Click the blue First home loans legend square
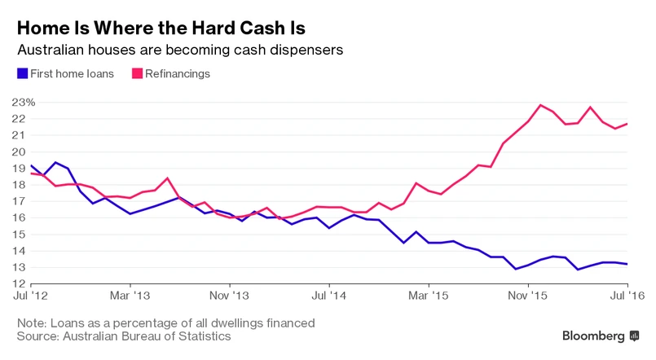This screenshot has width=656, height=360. pyautogui.click(x=22, y=74)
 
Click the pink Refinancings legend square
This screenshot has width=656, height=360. pyautogui.click(x=136, y=74)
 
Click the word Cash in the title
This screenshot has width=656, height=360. pyautogui.click(x=257, y=28)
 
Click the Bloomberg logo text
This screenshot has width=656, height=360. pyautogui.click(x=594, y=336)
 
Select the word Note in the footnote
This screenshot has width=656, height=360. pyautogui.click(x=33, y=323)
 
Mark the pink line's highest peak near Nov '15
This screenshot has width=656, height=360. pyautogui.click(x=540, y=105)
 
